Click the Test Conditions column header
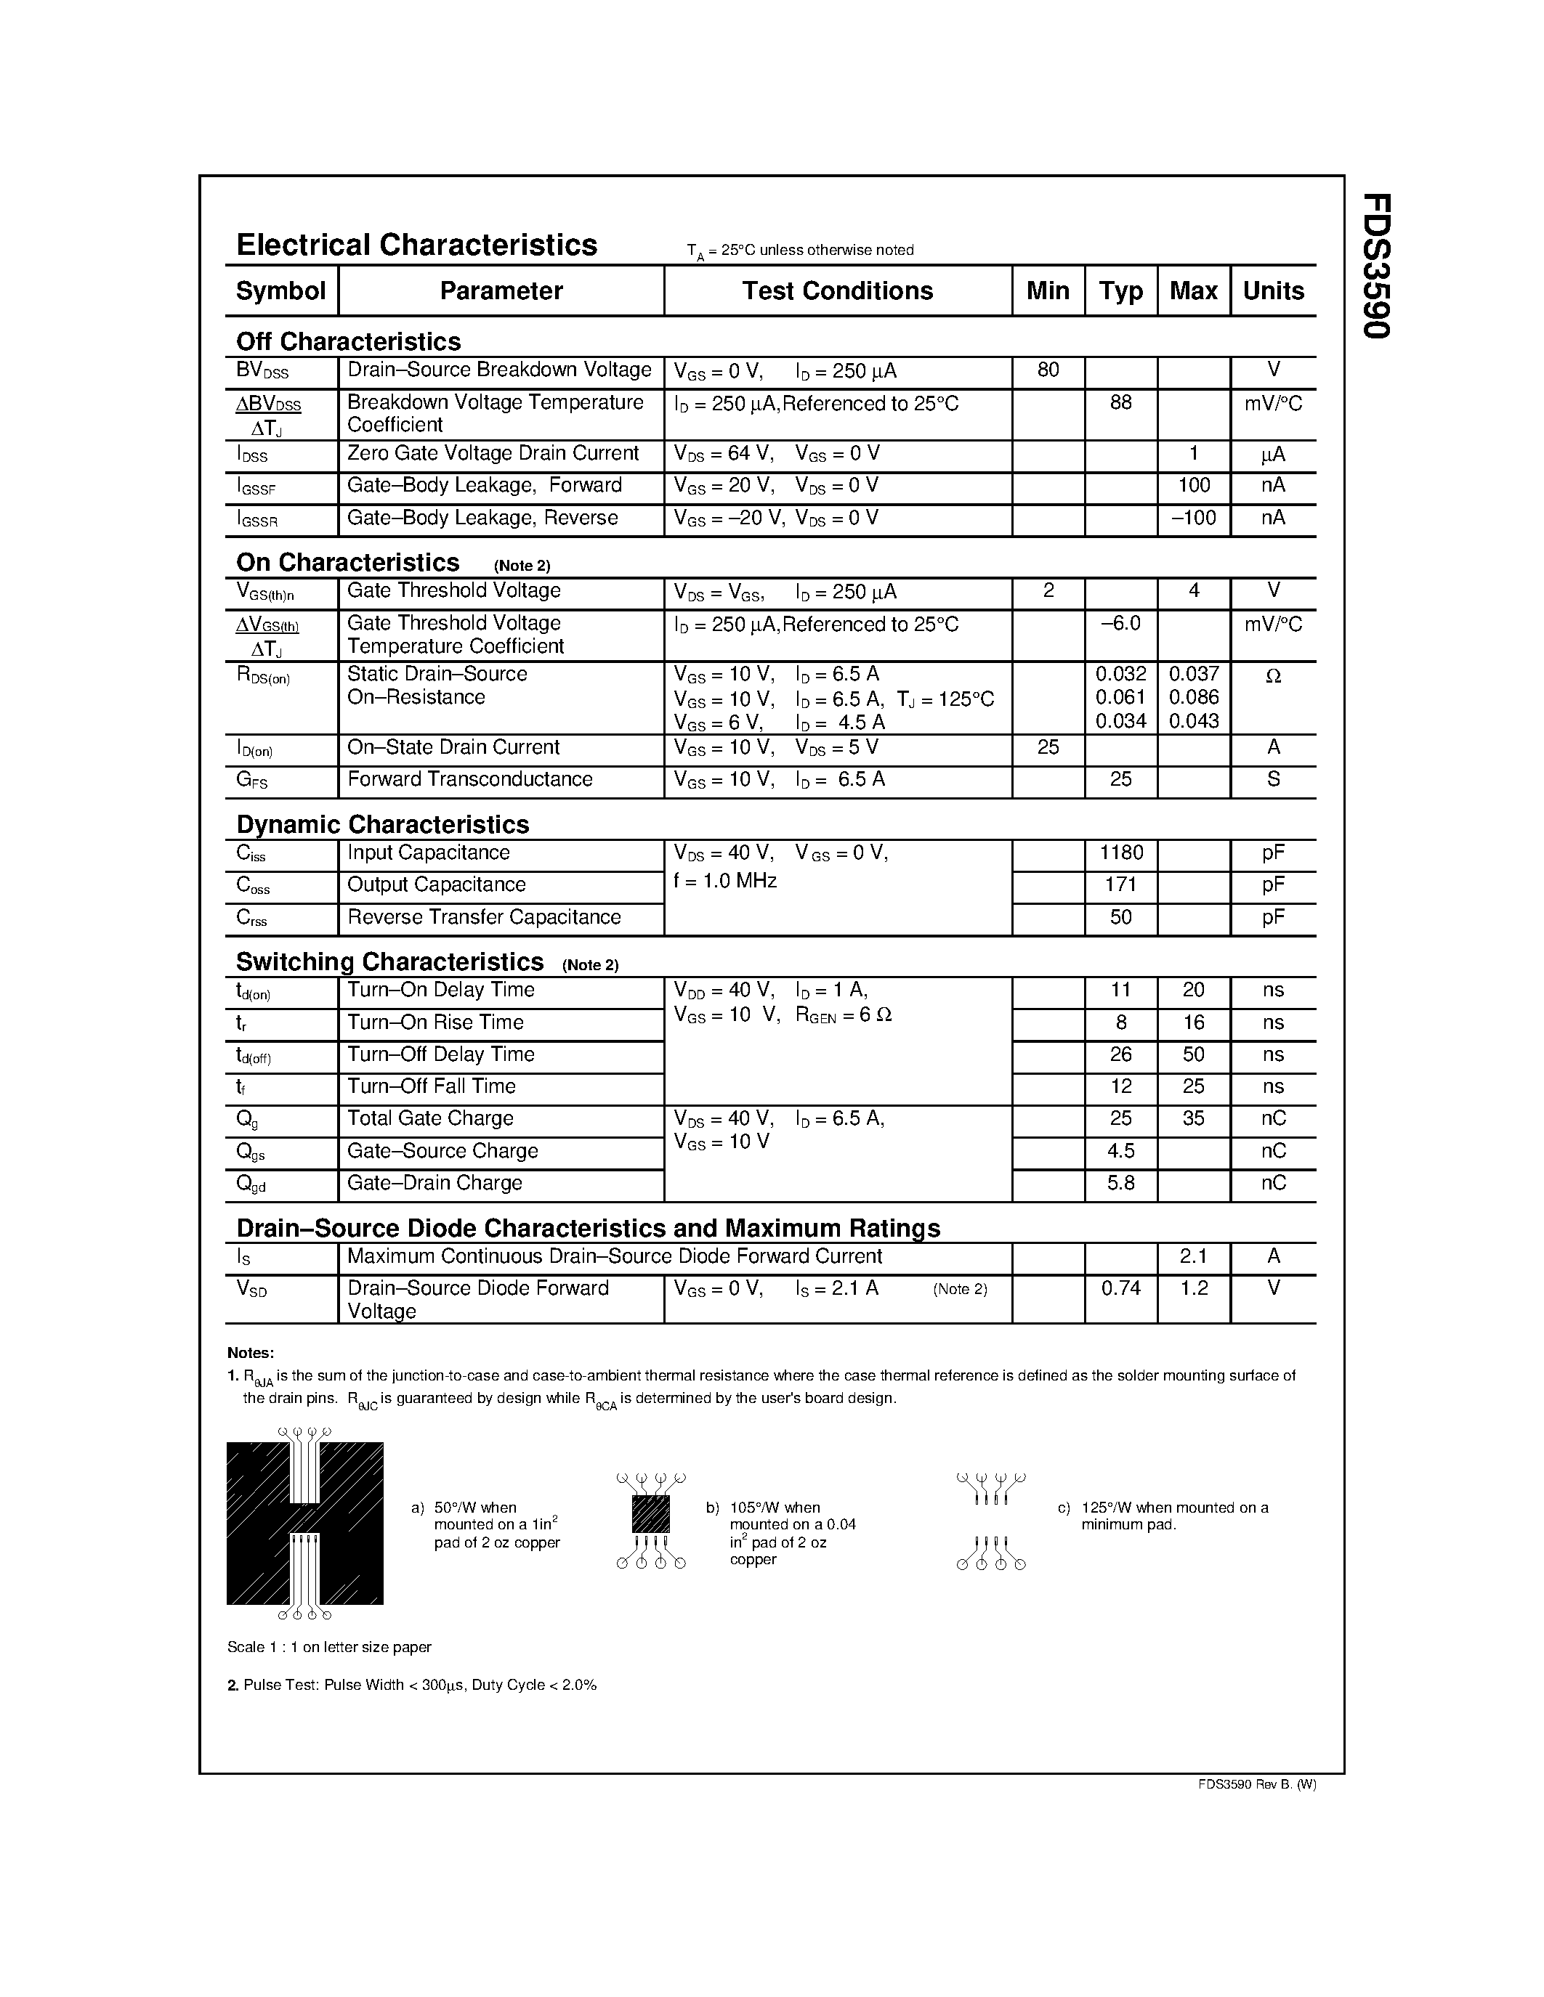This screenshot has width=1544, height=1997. pyautogui.click(x=837, y=290)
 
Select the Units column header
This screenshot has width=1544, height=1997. pyautogui.click(x=1272, y=290)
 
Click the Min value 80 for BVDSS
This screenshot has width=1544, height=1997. pyautogui.click(x=1048, y=370)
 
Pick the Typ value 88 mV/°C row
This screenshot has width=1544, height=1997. pyautogui.click(x=1120, y=403)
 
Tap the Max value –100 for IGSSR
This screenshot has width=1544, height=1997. pyautogui.click(x=1194, y=518)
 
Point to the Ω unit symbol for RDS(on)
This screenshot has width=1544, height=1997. pyautogui.click(x=1272, y=676)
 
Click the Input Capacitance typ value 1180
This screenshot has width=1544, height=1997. pyautogui.click(x=1120, y=853)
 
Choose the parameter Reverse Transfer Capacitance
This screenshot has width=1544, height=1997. pyautogui.click(x=484, y=917)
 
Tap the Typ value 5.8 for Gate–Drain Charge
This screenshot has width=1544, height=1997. pyautogui.click(x=1120, y=1183)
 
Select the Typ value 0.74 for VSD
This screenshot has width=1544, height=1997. pyautogui.click(x=1120, y=1288)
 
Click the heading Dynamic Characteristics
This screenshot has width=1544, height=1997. pyautogui.click(x=382, y=825)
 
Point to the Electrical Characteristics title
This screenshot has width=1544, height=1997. pyautogui.click(x=416, y=245)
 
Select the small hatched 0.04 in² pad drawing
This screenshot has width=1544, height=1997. pyautogui.click(x=650, y=1515)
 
